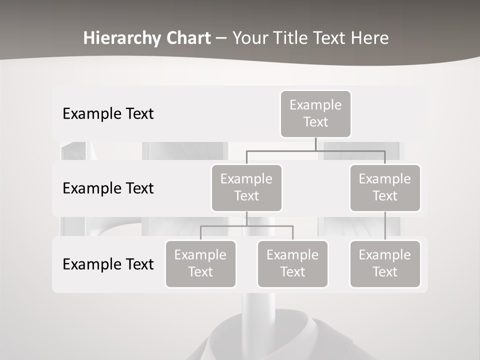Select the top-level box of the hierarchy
(315, 113)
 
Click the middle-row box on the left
(246, 187)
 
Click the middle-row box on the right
(385, 187)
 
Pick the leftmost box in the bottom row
(200, 263)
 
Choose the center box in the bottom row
(292, 263)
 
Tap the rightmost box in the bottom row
(385, 263)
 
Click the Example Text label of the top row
(108, 114)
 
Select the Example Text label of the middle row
(108, 188)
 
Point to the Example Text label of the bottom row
(108, 264)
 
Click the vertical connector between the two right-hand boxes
(385, 225)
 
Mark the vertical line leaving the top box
(315, 144)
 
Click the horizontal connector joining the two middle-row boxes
(315, 150)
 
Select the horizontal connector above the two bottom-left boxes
(246, 226)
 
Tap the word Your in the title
(248, 38)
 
